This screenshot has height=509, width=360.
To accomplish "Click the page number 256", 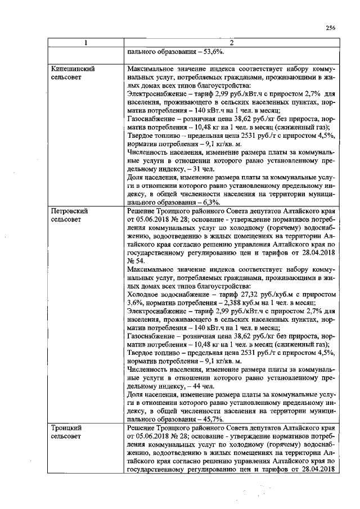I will coord(331,28).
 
